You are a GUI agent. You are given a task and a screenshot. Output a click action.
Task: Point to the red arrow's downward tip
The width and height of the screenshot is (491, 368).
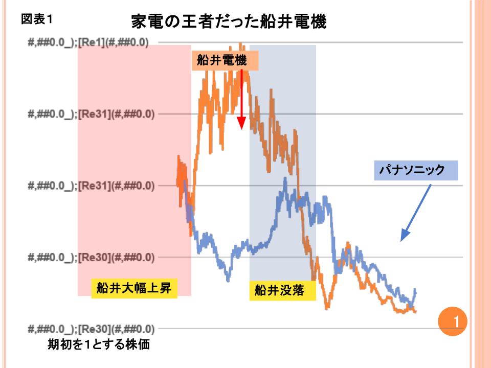[241, 129]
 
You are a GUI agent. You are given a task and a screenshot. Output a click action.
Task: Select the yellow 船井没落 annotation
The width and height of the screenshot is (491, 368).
[279, 291]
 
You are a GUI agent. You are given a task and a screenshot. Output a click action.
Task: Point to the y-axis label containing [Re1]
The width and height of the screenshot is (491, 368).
[88, 42]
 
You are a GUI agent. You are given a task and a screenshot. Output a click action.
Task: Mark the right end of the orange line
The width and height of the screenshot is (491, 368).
[416, 311]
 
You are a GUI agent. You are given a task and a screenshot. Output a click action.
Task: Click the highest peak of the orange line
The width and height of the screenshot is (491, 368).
[240, 44]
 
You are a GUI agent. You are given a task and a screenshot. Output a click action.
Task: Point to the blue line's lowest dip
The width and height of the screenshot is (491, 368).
[228, 281]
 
